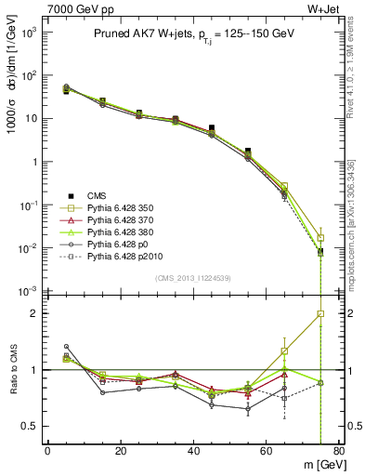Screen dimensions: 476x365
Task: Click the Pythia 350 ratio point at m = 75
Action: pos(320,313)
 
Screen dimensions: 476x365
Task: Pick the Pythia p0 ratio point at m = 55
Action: pos(248,408)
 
